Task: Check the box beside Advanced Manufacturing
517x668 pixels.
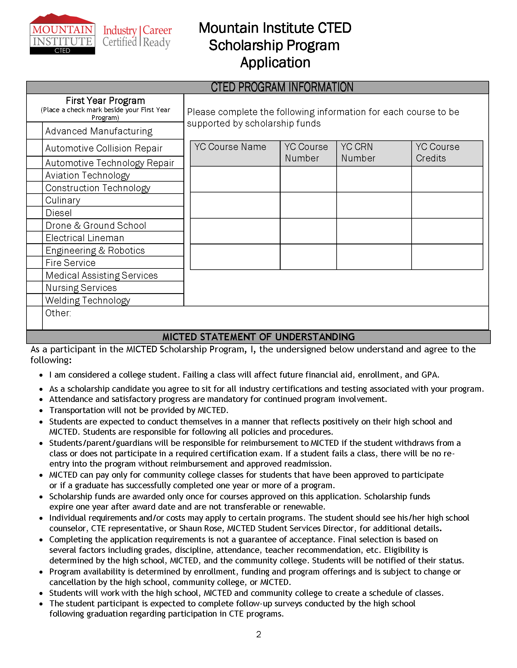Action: click(x=35, y=131)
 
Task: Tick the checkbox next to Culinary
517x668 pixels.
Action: click(x=35, y=200)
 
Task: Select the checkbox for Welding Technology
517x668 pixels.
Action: click(x=35, y=300)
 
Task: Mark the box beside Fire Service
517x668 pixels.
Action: click(x=35, y=262)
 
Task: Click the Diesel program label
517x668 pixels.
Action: click(x=58, y=213)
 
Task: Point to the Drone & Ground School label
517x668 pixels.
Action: click(x=96, y=225)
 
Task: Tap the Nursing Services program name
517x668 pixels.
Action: click(x=81, y=288)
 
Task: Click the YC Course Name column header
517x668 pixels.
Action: click(x=230, y=147)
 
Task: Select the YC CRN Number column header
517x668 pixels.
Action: click(x=358, y=153)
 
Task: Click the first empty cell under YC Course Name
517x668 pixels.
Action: click(x=235, y=179)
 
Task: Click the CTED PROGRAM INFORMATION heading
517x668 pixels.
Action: click(x=282, y=87)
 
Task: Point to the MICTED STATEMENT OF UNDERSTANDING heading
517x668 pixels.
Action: click(x=258, y=337)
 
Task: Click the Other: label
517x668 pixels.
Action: click(x=58, y=313)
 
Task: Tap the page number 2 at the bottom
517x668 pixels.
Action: click(x=258, y=634)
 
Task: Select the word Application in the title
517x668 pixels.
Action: click(x=275, y=63)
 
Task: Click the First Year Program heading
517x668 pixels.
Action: click(x=105, y=101)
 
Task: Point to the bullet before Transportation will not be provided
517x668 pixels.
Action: click(x=41, y=411)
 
